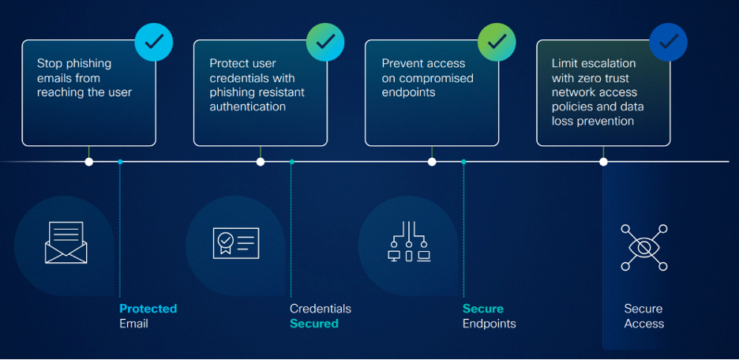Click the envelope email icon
pyautogui.click(x=66, y=242)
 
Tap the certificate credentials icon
pyautogui.click(x=236, y=242)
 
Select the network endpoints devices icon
pyautogui.click(x=409, y=242)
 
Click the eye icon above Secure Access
pyautogui.click(x=643, y=246)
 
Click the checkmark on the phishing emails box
pyautogui.click(x=154, y=41)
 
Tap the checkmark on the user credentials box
pyautogui.click(x=325, y=41)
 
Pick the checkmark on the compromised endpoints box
pyautogui.click(x=497, y=41)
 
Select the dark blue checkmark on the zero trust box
pyautogui.click(x=668, y=41)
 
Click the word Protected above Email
pyautogui.click(x=148, y=309)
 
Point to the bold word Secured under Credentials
pyautogui.click(x=313, y=324)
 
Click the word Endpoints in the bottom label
pyautogui.click(x=489, y=324)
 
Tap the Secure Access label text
pyautogui.click(x=643, y=316)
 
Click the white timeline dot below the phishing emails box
pyautogui.click(x=89, y=162)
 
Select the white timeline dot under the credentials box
pyautogui.click(x=261, y=162)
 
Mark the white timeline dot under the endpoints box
pyautogui.click(x=432, y=162)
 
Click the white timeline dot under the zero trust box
pyautogui.click(x=603, y=162)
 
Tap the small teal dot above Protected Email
pyautogui.click(x=120, y=162)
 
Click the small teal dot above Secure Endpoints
pyautogui.click(x=463, y=162)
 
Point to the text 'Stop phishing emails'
pyautogui.click(x=74, y=70)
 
